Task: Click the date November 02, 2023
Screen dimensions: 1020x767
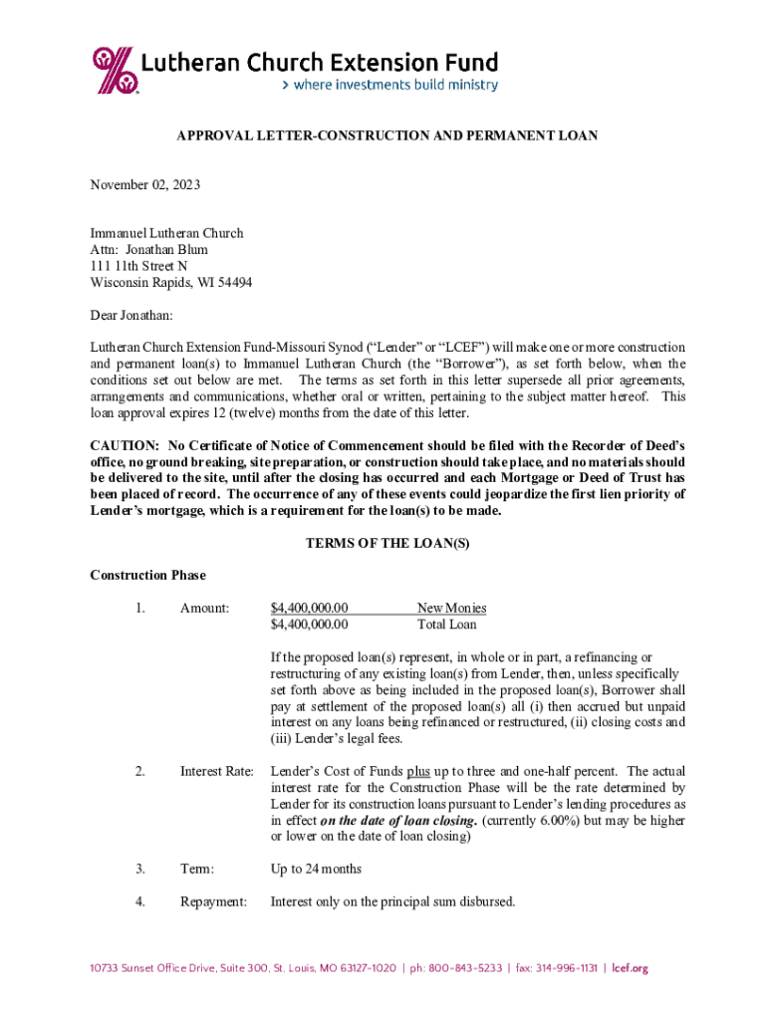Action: pos(144,185)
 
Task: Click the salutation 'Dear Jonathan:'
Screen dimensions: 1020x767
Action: pos(131,315)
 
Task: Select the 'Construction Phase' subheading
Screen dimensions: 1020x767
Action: pos(147,575)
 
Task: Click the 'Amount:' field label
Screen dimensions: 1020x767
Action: pos(204,608)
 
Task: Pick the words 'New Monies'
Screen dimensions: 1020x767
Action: pos(451,608)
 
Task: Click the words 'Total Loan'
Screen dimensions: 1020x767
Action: pos(446,625)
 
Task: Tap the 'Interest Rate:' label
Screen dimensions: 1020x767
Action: pos(216,771)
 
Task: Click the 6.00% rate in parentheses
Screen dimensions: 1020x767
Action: pos(549,820)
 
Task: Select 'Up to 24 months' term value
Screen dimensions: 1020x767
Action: pos(316,870)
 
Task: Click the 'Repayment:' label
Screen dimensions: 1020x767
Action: pos(213,902)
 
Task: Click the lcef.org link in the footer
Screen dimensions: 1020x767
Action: pos(631,968)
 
